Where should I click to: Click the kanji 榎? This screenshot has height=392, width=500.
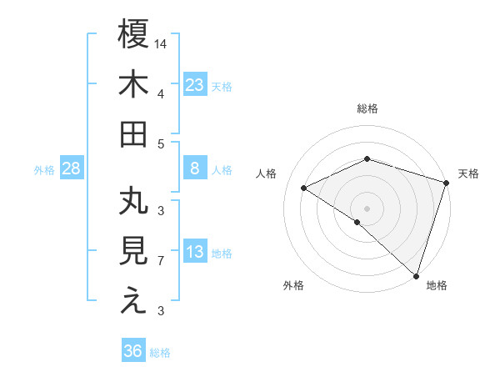pos(133,34)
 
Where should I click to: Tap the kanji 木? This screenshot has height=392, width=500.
pos(133,84)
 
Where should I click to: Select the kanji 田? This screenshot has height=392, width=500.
pos(133,133)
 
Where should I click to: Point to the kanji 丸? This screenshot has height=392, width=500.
pos(133,203)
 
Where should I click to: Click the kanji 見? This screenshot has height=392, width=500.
pos(133,253)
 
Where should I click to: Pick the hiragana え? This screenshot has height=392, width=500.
pos(133,302)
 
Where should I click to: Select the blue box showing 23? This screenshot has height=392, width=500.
pos(195,84)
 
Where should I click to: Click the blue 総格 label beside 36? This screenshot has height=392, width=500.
pos(160,353)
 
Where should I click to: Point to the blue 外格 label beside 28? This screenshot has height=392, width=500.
pos(44,170)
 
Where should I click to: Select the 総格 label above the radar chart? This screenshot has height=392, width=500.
pos(367,108)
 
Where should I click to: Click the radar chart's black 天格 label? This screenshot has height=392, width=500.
pos(469,173)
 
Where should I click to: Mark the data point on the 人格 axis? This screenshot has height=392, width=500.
pos(304,188)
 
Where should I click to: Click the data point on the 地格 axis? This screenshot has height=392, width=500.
pos(416,274)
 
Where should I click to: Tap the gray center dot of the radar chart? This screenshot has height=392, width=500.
pos(367,208)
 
